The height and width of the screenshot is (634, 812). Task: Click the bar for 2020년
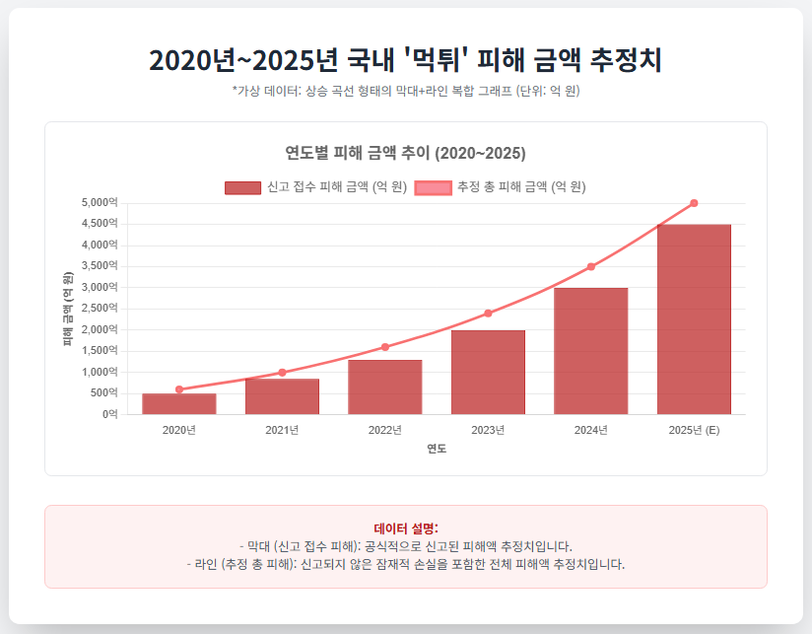178,404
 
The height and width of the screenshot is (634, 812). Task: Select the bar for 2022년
384,387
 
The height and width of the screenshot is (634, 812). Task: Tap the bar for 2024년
590,351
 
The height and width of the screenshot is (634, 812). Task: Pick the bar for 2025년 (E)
694,319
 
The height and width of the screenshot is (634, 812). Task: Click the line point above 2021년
282,373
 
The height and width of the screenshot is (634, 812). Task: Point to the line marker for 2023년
488,314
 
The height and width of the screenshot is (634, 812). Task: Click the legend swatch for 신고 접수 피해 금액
242,187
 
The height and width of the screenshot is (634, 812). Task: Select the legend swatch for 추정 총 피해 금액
434,187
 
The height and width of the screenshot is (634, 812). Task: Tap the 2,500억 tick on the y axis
100,309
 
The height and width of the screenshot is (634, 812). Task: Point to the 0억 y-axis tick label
108,414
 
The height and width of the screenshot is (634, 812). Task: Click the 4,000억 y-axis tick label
100,245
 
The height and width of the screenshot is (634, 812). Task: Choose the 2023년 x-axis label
488,430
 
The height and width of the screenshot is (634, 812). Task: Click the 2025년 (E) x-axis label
694,430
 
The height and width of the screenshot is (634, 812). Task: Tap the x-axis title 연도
436,449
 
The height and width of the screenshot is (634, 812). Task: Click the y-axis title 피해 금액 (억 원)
68,309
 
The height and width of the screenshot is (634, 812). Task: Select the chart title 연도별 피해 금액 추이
405,153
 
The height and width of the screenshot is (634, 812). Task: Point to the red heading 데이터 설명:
405,528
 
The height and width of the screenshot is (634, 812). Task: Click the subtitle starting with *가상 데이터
405,91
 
